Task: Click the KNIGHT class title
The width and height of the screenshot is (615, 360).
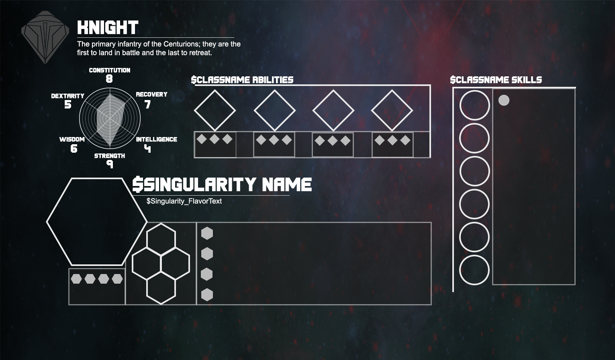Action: [x=108, y=28]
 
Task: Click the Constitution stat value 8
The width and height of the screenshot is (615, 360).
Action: [x=109, y=79]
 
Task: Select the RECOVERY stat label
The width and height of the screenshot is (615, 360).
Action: [x=151, y=94]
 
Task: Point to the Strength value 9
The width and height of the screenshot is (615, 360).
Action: [x=110, y=164]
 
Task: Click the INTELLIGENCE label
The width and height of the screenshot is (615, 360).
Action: [x=156, y=139]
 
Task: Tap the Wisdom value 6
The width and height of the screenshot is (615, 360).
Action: [x=74, y=149]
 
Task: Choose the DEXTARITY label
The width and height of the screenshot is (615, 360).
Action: [x=67, y=96]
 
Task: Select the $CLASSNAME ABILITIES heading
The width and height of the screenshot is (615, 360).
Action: [x=242, y=80]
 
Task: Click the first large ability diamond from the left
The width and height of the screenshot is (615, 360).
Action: [x=215, y=110]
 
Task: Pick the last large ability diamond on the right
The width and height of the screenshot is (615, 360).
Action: [x=392, y=110]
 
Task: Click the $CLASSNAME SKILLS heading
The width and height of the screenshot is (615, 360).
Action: [x=496, y=80]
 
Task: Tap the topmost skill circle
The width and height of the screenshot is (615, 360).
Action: [x=474, y=105]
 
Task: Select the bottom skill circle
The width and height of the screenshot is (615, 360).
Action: [x=474, y=270]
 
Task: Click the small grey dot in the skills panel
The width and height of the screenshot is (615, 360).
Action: [x=504, y=100]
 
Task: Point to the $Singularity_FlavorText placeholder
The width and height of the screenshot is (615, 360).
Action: [x=184, y=201]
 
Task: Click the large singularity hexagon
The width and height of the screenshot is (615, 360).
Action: [x=97, y=222]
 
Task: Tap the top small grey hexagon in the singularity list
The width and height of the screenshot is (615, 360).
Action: [x=207, y=233]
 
